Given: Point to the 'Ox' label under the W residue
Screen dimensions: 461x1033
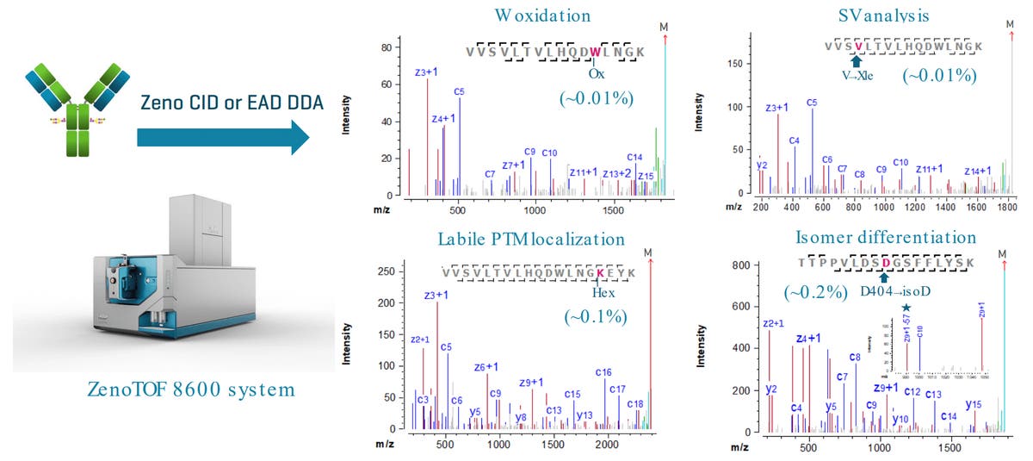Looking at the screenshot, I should tap(597, 72).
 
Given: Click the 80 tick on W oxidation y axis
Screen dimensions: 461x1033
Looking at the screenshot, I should tap(387, 47).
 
